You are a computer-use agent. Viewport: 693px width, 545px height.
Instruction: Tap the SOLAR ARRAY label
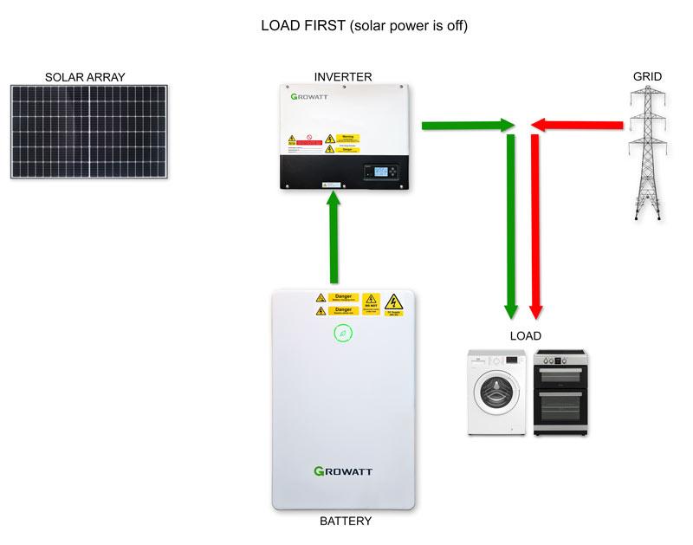(85, 77)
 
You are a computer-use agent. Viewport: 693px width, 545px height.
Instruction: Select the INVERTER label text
(343, 77)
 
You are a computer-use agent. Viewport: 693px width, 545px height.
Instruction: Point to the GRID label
(647, 77)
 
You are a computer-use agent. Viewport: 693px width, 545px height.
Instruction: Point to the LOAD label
(524, 335)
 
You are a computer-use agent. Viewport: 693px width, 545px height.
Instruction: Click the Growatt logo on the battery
(345, 471)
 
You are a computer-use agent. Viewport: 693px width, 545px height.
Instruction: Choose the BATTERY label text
(346, 521)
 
